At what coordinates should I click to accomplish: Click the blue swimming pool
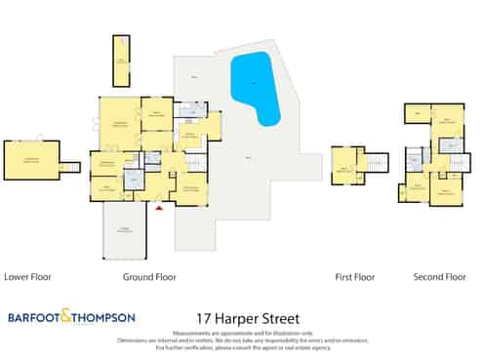click(x=255, y=87)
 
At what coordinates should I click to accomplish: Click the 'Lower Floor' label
click(x=27, y=277)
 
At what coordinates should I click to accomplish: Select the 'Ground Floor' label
click(x=149, y=277)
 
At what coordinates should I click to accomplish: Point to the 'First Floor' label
click(x=355, y=277)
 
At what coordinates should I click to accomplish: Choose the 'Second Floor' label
click(x=440, y=277)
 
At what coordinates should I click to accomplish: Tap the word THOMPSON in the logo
click(x=102, y=317)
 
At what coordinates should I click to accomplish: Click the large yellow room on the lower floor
click(x=31, y=160)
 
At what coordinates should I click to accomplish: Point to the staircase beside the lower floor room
click(x=69, y=167)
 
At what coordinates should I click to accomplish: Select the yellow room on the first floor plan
click(x=343, y=165)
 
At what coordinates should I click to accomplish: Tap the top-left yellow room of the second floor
click(x=417, y=114)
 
